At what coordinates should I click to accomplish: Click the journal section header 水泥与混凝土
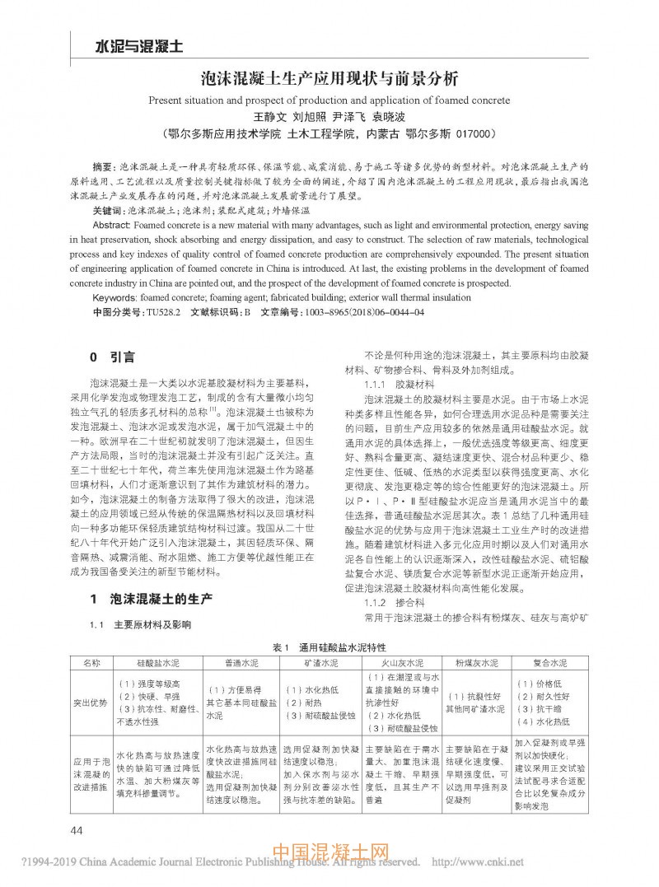pyautogui.click(x=128, y=46)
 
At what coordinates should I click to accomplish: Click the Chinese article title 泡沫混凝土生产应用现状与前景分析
pyautogui.click(x=329, y=80)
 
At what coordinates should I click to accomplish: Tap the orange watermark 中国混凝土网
pyautogui.click(x=329, y=854)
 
